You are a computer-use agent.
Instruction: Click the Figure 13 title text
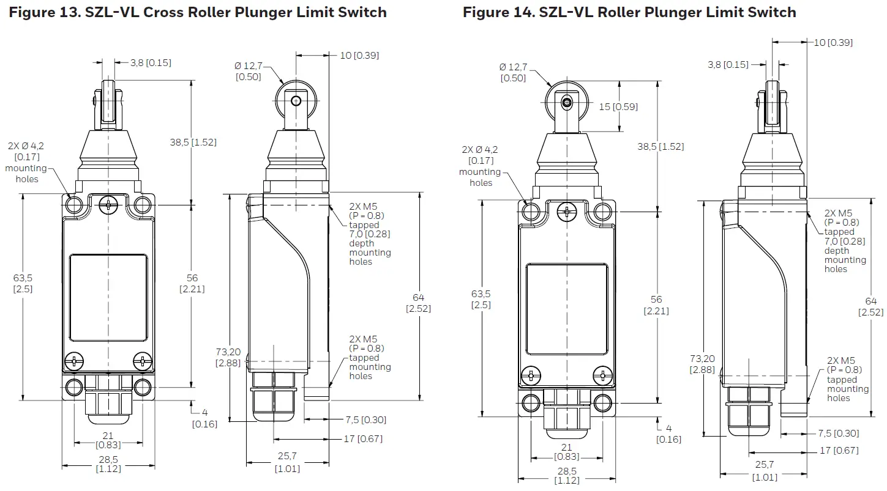[x=198, y=12]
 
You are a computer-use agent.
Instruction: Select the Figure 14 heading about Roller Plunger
[x=629, y=12]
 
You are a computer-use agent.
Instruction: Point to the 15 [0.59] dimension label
[x=618, y=107]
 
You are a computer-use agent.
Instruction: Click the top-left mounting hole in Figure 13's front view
[x=73, y=205]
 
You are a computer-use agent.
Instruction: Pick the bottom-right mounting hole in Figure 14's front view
[x=603, y=402]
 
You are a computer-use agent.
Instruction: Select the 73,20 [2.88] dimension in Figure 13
[x=228, y=357]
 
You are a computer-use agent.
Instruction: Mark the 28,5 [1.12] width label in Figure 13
[x=108, y=463]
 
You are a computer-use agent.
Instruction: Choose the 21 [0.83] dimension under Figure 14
[x=567, y=452]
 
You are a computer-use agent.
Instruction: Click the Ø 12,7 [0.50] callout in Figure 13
[x=249, y=71]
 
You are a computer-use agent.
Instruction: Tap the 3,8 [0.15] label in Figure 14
[x=728, y=64]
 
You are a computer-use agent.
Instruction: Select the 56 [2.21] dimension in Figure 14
[x=656, y=305]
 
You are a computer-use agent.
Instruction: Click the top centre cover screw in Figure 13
[x=108, y=205]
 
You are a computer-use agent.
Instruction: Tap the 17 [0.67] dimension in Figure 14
[x=839, y=451]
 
